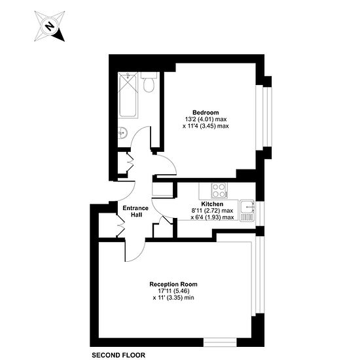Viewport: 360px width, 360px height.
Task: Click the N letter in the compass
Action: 49,26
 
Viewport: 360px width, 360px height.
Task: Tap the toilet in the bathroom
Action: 149,82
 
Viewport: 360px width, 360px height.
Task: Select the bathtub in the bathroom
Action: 128,95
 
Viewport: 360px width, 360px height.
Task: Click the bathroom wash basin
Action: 122,133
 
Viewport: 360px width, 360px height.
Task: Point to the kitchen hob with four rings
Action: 220,190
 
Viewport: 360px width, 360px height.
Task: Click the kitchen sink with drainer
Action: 247,211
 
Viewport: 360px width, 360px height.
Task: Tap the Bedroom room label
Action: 206,113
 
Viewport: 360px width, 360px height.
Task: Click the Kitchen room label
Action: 212,204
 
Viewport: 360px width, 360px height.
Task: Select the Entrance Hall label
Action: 135,211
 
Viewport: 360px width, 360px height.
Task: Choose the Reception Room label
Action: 173,284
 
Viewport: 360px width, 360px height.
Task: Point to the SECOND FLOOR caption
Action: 118,355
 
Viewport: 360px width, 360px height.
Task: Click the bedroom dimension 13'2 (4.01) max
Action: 206,119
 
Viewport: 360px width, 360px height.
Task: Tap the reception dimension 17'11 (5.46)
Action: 173,291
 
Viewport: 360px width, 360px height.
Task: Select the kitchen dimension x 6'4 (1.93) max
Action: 212,217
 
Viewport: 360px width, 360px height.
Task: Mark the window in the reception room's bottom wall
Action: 220,342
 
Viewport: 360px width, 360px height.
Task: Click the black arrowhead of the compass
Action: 58,35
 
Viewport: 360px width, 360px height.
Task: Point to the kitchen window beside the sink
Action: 260,213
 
